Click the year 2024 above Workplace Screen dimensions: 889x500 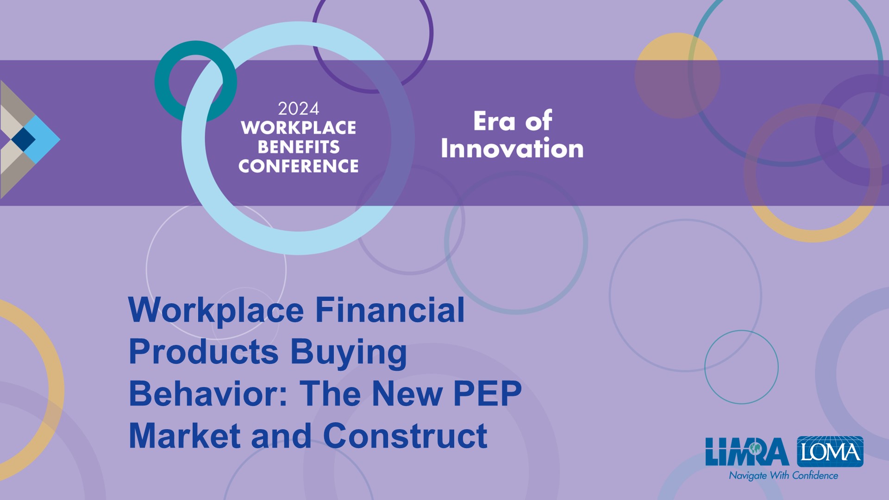299,109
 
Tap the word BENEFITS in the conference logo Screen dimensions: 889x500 299,147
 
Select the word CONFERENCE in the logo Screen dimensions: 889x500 299,166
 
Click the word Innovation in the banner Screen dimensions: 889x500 512,148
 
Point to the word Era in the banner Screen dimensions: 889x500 494,121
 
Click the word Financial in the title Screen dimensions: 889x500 390,310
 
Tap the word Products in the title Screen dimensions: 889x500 204,352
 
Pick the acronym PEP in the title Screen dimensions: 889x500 488,394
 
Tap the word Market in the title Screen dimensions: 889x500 185,436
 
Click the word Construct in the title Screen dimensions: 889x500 405,436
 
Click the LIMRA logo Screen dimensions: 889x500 747,452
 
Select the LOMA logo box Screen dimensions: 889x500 830,451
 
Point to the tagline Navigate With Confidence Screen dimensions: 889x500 783,475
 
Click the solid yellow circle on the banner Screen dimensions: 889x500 677,75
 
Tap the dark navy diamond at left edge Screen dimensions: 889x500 23,139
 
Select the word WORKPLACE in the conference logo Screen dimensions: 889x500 299,128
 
